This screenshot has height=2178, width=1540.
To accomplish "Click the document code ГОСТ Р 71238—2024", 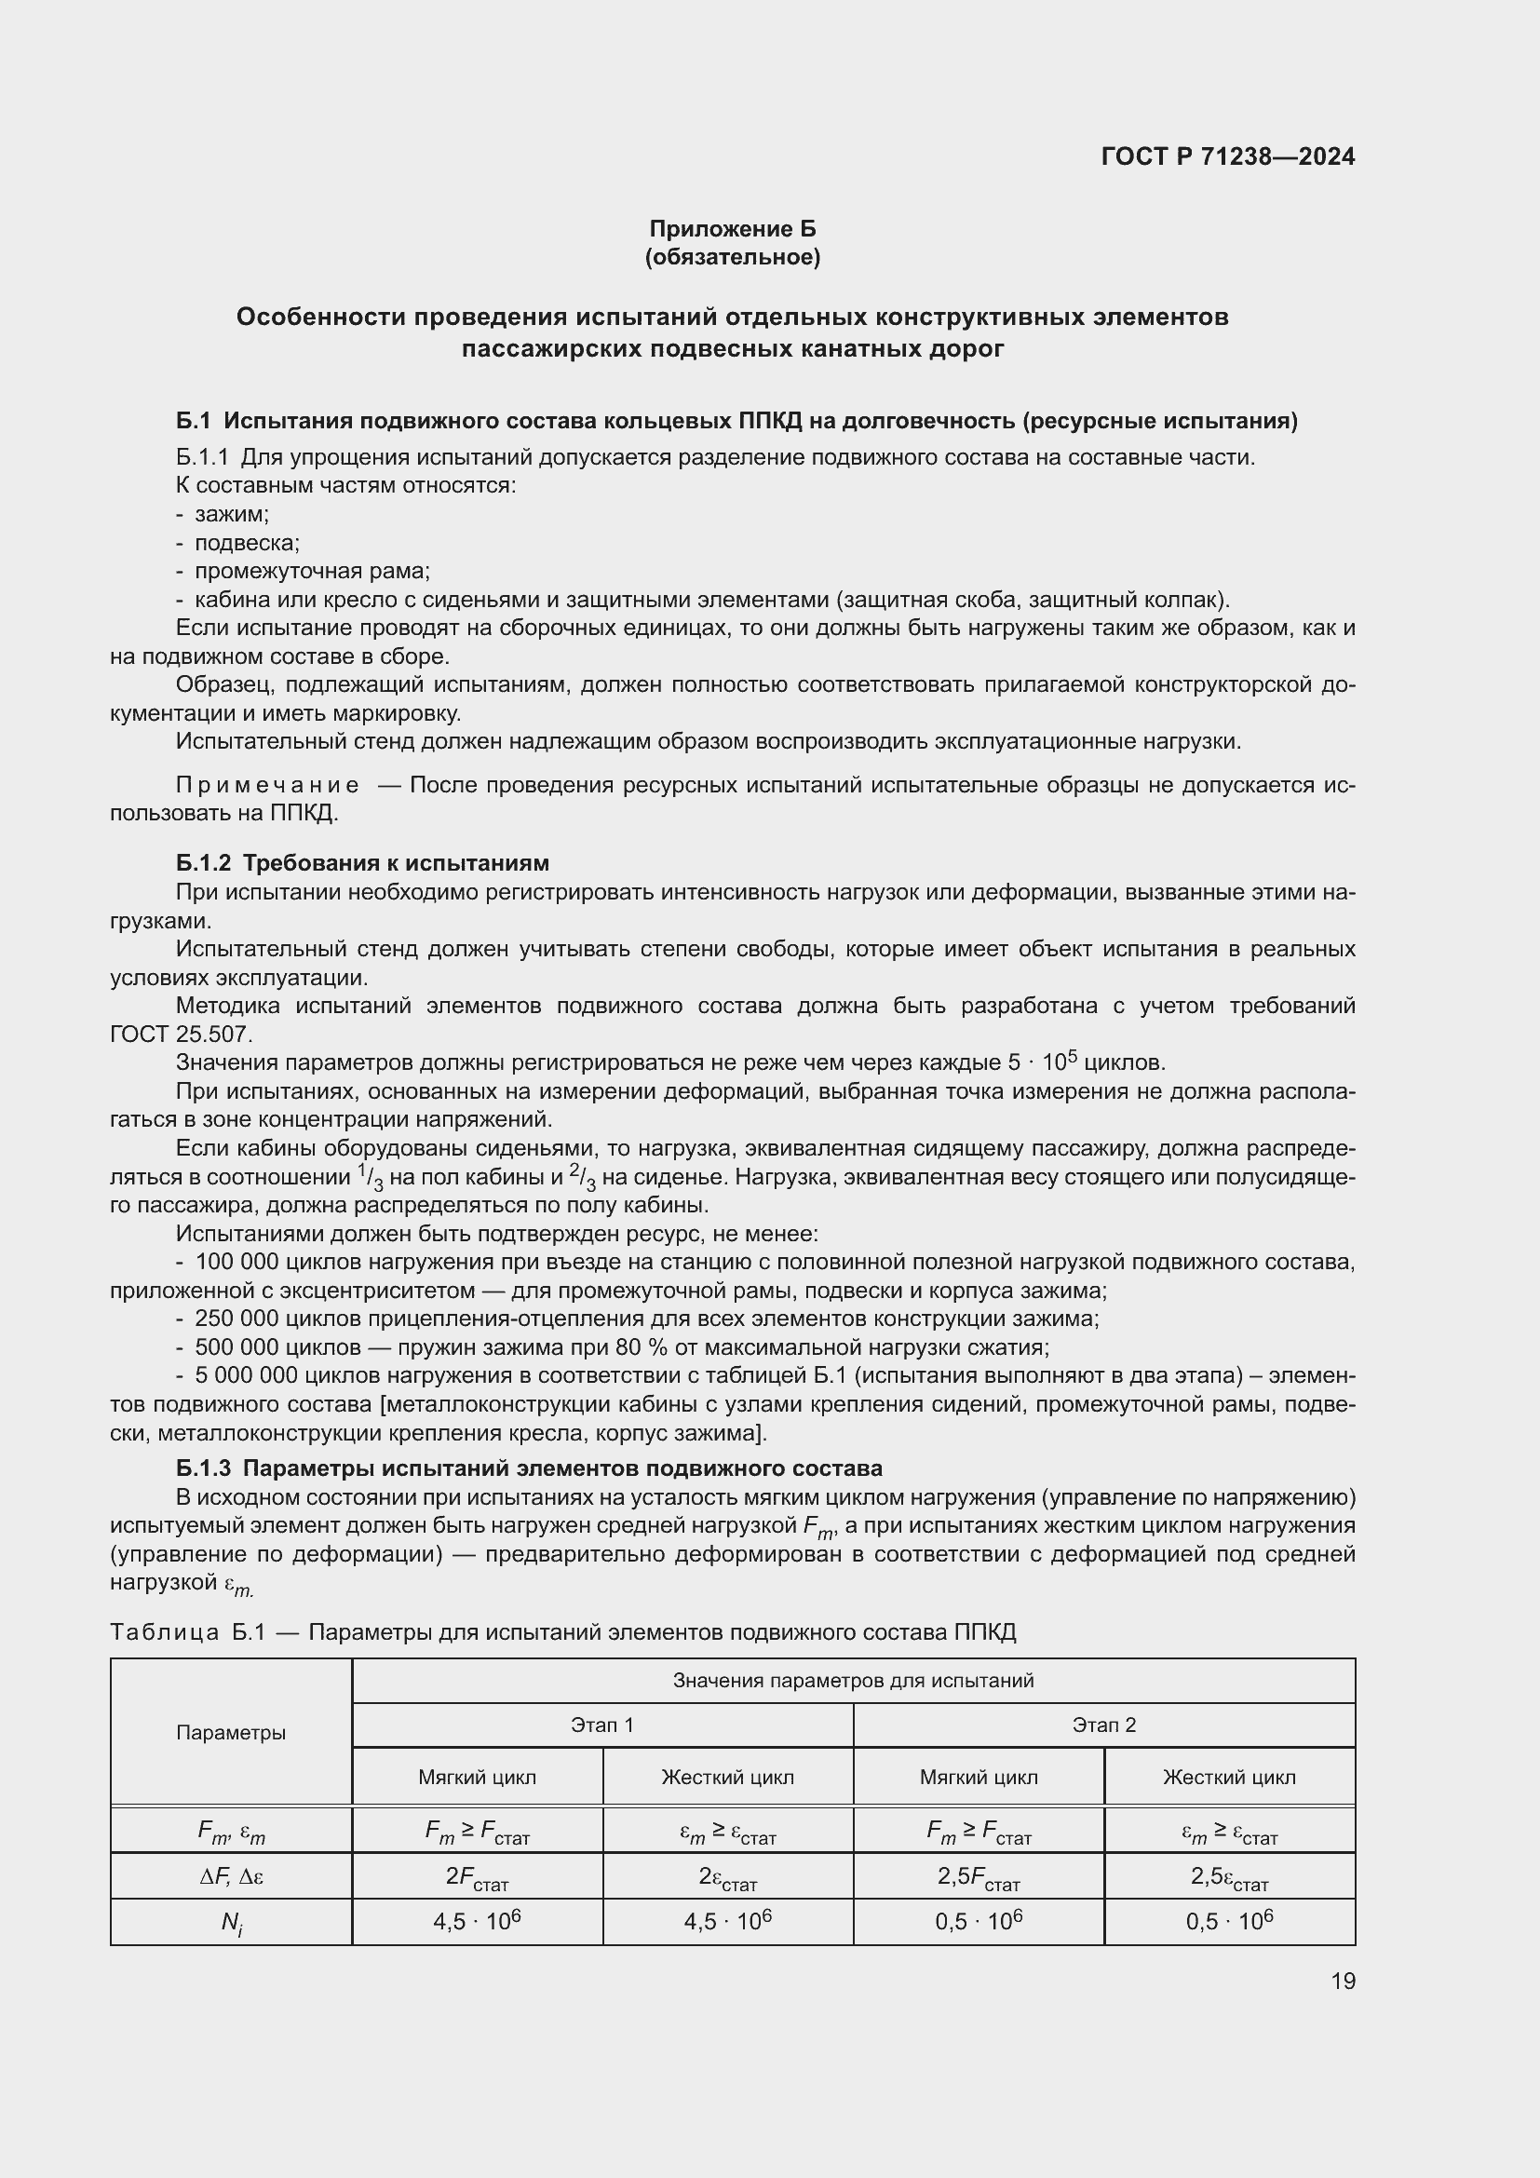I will tap(1227, 156).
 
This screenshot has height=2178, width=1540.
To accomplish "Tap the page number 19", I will tap(1343, 1981).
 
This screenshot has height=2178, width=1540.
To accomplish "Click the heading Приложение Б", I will tap(732, 229).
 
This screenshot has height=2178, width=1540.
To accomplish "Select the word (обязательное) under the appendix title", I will tap(732, 257).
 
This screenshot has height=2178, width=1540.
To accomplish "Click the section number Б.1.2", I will tap(203, 863).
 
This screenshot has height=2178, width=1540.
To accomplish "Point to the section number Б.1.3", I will tap(203, 1468).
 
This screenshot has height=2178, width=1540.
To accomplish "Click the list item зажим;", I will tap(232, 514).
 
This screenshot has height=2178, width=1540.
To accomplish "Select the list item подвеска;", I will tap(247, 544).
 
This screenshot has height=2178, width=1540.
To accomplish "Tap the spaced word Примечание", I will tap(267, 786).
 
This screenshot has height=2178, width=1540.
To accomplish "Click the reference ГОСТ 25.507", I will tap(182, 1034).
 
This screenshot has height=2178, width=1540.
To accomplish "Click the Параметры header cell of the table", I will tap(230, 1732).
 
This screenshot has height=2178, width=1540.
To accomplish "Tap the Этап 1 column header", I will tap(602, 1725).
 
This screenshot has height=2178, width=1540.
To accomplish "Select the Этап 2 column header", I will tap(1104, 1725).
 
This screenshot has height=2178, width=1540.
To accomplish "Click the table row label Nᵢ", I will tap(230, 1922).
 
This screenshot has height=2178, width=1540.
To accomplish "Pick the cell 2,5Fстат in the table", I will tap(979, 1876).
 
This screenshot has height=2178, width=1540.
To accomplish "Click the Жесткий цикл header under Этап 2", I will tap(1229, 1777).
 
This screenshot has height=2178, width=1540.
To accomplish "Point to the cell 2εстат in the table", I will tap(727, 1876).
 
